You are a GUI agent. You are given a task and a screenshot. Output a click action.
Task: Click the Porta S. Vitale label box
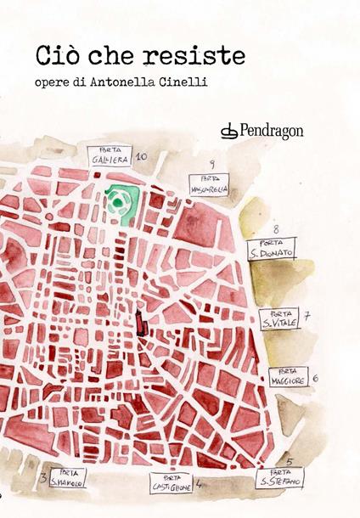pyautogui.click(x=279, y=319)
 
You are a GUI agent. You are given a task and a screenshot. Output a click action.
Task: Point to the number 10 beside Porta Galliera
pyautogui.click(x=141, y=157)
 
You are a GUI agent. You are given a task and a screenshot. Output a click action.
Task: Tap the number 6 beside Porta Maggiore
pyautogui.click(x=315, y=378)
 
